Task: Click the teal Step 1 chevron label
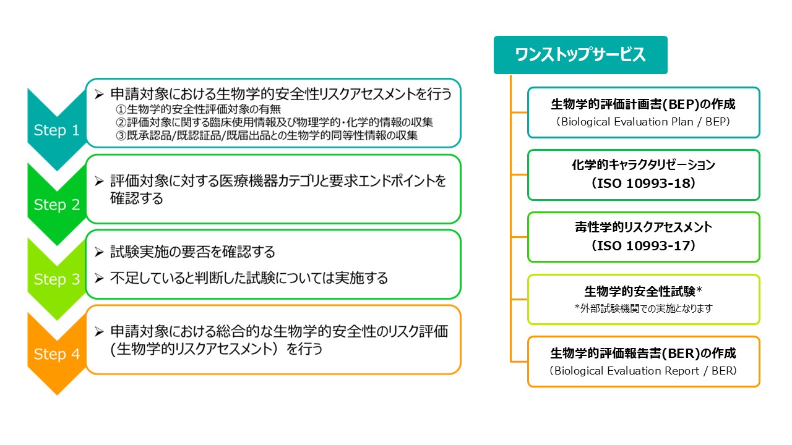click(57, 130)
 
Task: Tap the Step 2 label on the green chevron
click(57, 205)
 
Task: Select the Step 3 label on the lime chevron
click(57, 279)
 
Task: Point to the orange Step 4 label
click(57, 354)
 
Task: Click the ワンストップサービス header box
click(580, 55)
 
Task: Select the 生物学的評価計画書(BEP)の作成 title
click(643, 104)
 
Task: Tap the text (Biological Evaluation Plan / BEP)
click(643, 122)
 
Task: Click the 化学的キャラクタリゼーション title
click(643, 166)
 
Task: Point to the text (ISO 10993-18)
click(643, 184)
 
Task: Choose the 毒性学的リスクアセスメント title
click(643, 227)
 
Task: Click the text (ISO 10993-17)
click(643, 246)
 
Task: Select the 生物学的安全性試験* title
click(643, 291)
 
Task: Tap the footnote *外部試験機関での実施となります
click(643, 308)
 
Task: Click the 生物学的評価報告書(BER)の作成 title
click(643, 354)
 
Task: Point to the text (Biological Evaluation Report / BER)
click(643, 371)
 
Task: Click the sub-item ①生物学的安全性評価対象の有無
click(199, 109)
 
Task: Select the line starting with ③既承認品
click(267, 136)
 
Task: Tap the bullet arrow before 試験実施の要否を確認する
click(98, 253)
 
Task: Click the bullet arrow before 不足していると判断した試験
click(98, 279)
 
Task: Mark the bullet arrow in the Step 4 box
click(98, 332)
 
